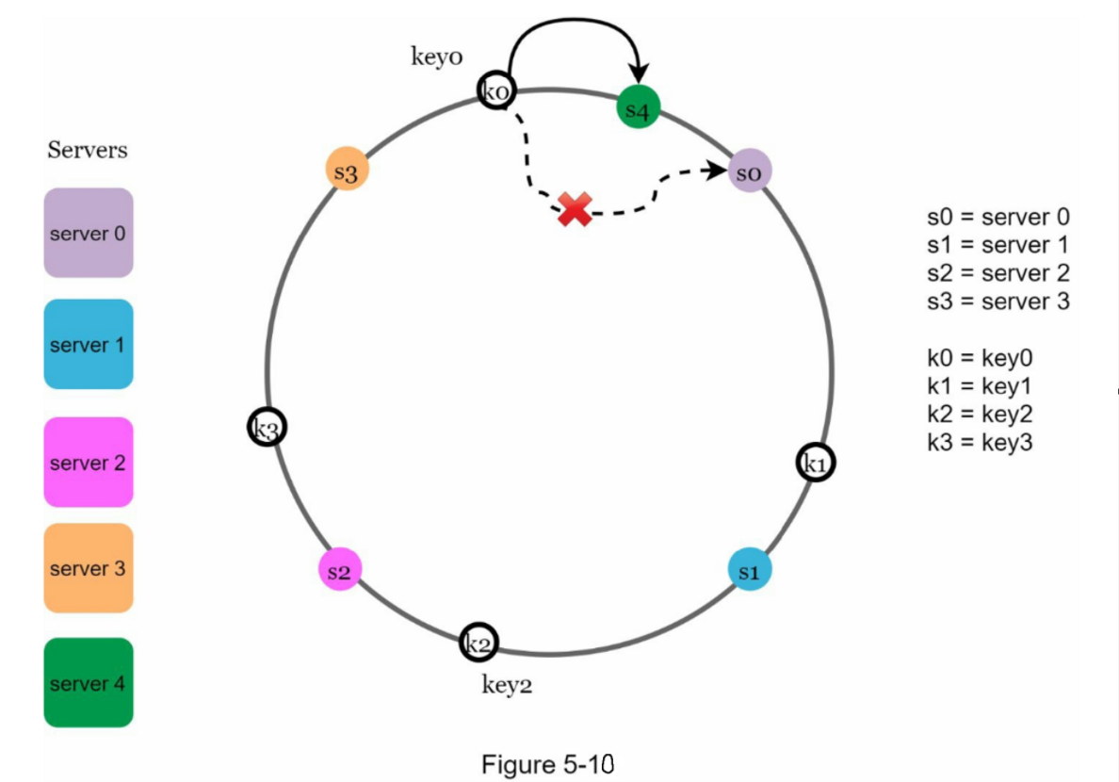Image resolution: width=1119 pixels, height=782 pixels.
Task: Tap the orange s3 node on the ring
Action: point(346,171)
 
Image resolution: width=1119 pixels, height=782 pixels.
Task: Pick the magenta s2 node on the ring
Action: point(340,570)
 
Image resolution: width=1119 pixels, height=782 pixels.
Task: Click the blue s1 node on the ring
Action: point(750,570)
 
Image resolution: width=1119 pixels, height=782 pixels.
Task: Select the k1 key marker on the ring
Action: point(816,463)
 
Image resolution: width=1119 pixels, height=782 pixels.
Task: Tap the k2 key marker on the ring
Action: point(478,643)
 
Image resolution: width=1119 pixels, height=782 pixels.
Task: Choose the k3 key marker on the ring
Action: point(268,428)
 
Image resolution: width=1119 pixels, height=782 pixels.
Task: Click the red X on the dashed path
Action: point(575,208)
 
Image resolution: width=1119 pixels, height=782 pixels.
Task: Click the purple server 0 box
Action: point(89,233)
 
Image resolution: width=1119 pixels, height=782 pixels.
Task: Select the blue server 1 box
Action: point(89,345)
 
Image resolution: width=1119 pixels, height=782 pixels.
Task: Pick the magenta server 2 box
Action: point(89,463)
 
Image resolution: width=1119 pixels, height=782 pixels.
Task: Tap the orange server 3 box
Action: point(89,568)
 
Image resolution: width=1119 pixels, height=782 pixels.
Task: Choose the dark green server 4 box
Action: point(89,683)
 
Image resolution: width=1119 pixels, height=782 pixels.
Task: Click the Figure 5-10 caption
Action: point(547,763)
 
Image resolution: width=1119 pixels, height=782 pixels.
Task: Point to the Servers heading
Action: point(88,150)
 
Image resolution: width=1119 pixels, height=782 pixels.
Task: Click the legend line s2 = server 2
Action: point(997,273)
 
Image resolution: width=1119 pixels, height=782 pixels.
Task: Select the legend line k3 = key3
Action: point(980,442)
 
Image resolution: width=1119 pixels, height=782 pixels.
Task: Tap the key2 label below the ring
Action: point(507,685)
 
